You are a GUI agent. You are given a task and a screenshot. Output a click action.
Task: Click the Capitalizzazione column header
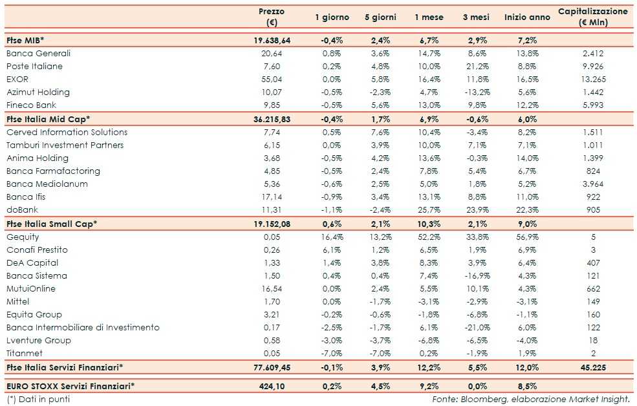(x=592, y=17)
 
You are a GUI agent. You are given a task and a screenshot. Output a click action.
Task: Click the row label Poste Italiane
(x=34, y=66)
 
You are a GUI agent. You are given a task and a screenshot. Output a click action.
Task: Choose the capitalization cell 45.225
(x=593, y=367)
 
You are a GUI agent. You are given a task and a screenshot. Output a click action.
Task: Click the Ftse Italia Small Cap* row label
(x=52, y=224)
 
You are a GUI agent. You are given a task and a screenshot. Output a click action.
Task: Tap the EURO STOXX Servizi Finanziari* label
(x=70, y=387)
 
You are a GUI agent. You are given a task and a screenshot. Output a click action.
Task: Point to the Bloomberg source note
(x=530, y=399)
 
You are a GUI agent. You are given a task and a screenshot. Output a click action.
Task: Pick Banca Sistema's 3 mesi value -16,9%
(x=475, y=275)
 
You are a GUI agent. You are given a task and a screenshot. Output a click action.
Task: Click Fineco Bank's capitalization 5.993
(x=593, y=105)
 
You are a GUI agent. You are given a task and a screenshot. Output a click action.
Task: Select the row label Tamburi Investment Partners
(x=65, y=145)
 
